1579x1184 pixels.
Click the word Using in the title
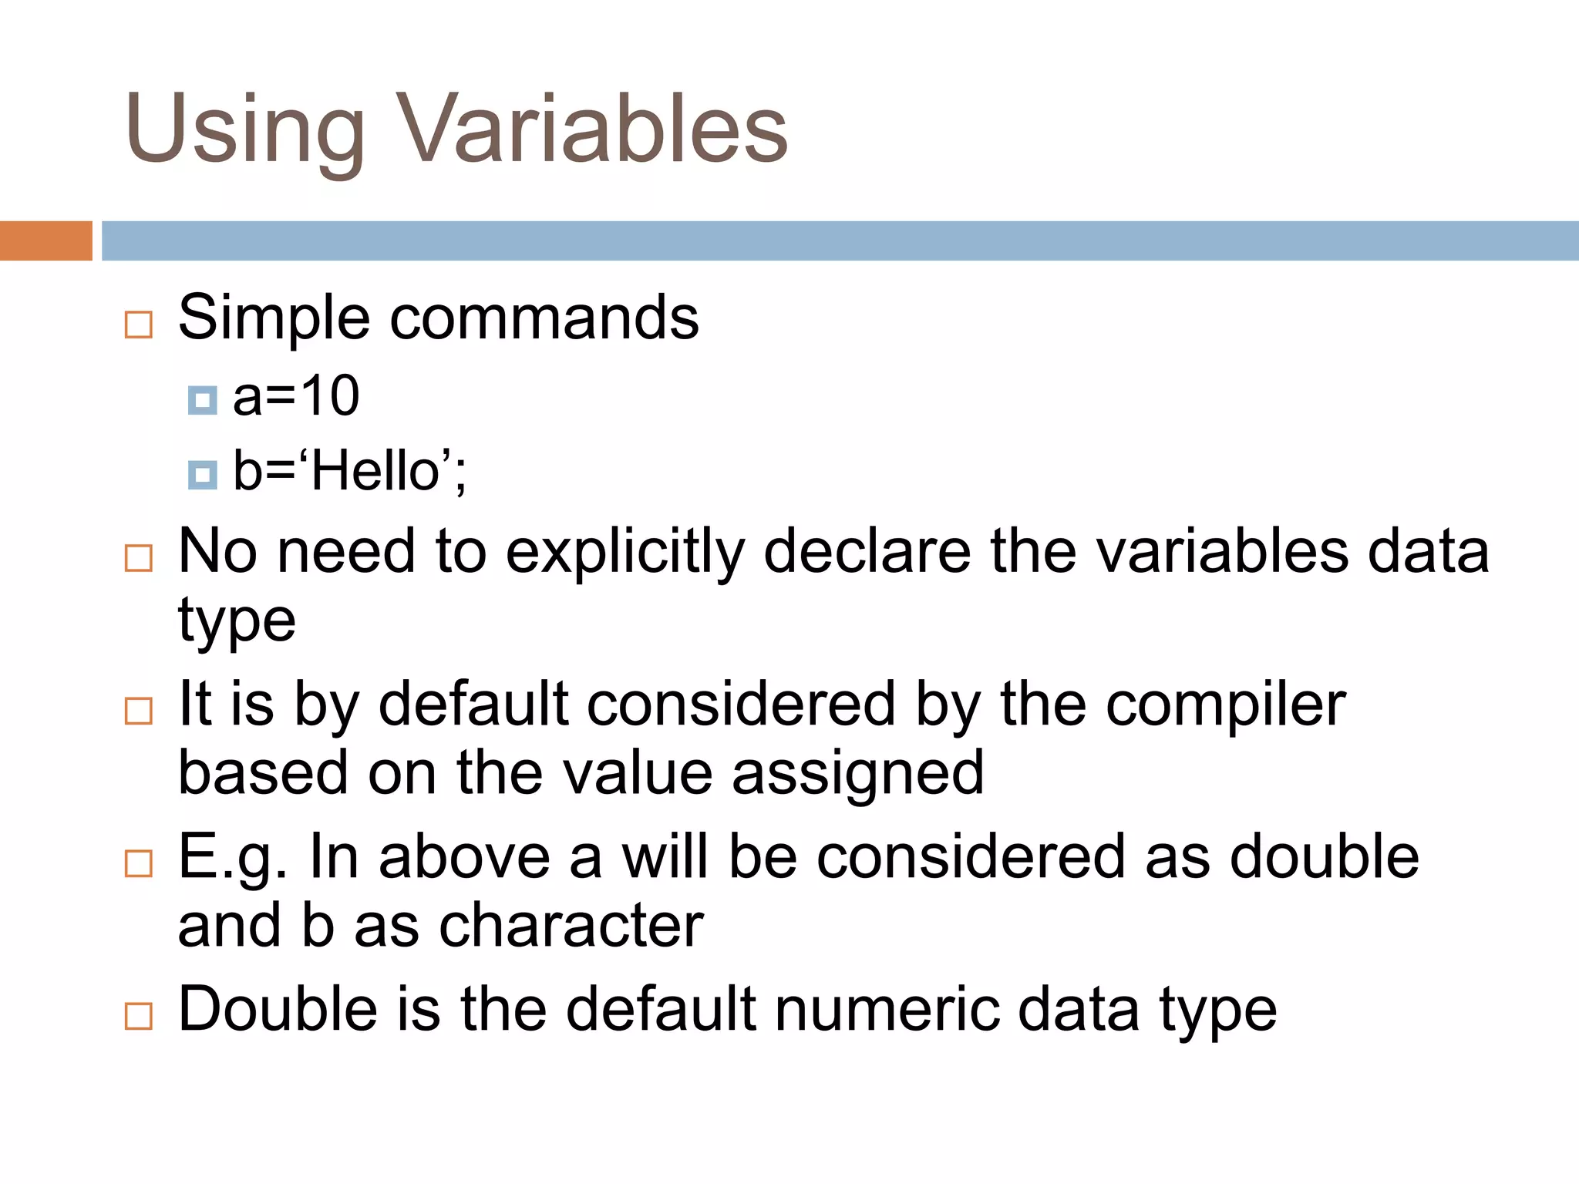tap(244, 129)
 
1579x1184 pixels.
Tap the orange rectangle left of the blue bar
tap(45, 240)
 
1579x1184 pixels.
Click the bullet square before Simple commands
tap(139, 325)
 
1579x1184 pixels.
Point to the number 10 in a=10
tap(329, 396)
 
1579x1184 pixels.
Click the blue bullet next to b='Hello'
tap(202, 475)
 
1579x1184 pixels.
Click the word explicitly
tap(625, 552)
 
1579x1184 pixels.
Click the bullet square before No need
tap(139, 557)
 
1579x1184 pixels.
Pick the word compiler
tap(1226, 705)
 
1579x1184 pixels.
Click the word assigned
tap(857, 773)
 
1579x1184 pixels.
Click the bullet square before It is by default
tap(139, 710)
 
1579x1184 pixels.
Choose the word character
tap(571, 925)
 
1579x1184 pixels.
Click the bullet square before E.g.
tap(139, 863)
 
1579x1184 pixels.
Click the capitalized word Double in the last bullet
tap(278, 1009)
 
